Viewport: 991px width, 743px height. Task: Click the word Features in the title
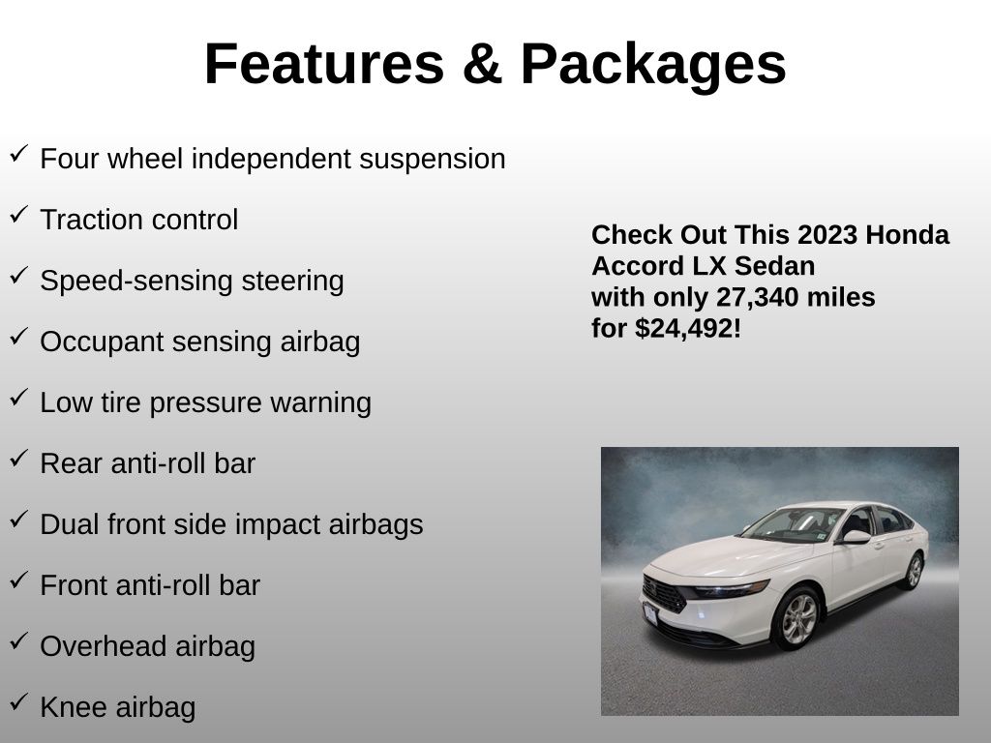tap(324, 64)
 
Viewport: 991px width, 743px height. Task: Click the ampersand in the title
tap(482, 64)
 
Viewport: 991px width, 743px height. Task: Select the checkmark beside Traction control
tap(18, 214)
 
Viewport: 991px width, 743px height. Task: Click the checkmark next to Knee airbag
tap(18, 701)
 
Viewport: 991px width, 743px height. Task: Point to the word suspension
tap(433, 160)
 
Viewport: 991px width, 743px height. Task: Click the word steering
tap(292, 282)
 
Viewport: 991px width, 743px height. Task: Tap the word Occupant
tap(101, 342)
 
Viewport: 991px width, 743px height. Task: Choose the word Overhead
tap(103, 646)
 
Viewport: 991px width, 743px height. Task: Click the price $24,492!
tap(688, 329)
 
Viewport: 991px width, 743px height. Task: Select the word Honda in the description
tap(907, 235)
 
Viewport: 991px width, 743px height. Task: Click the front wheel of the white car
tap(797, 618)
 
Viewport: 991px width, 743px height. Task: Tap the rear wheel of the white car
tap(914, 571)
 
